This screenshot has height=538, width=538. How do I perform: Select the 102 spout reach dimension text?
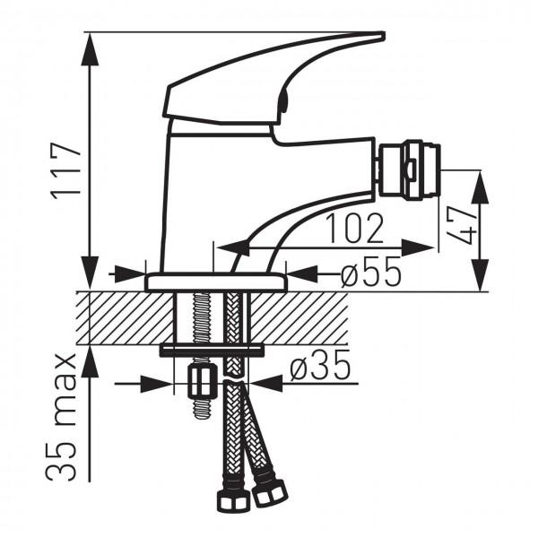(x=355, y=228)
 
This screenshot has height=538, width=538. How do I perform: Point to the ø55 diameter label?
(x=371, y=271)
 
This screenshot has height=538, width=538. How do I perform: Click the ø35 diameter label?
(x=320, y=365)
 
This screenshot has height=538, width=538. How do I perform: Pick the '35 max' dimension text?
(x=60, y=417)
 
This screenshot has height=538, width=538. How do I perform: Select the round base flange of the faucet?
(x=216, y=282)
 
